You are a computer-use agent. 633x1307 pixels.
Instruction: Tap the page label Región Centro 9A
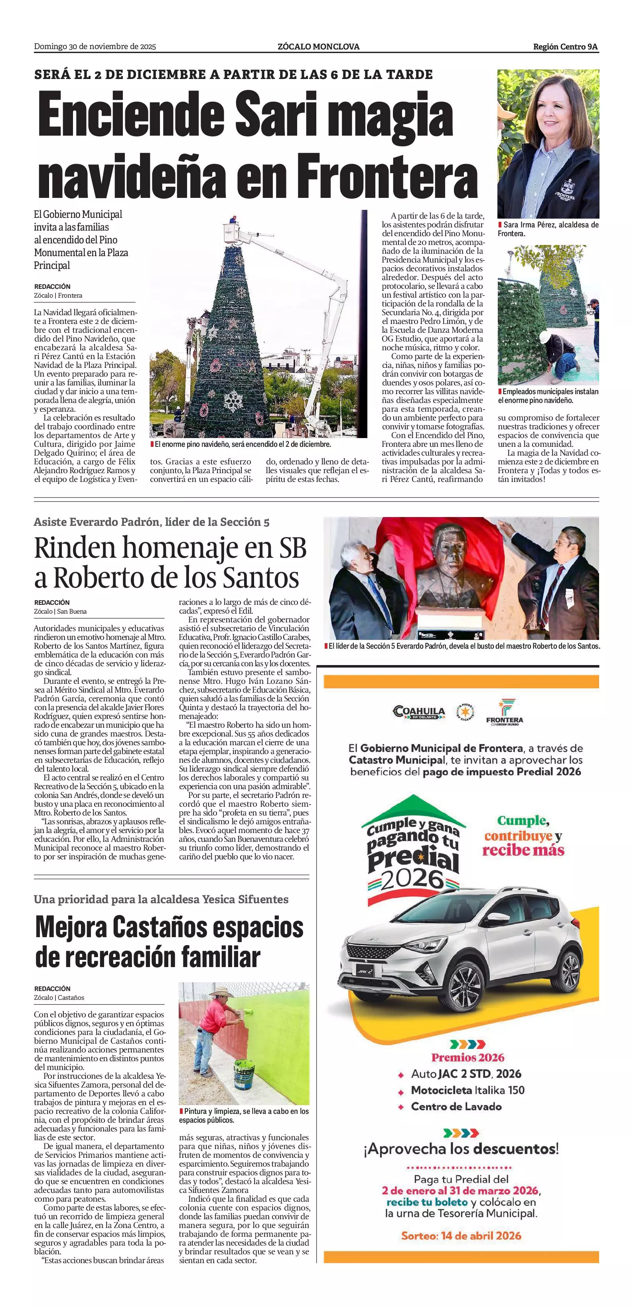click(565, 47)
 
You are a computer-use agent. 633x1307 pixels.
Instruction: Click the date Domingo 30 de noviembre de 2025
click(95, 47)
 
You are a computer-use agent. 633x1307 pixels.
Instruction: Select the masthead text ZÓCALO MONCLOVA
click(319, 47)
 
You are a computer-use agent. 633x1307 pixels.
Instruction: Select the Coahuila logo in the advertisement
click(419, 711)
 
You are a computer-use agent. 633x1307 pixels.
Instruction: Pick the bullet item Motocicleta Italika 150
click(467, 1090)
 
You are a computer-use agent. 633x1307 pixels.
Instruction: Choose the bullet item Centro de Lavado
click(456, 1107)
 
